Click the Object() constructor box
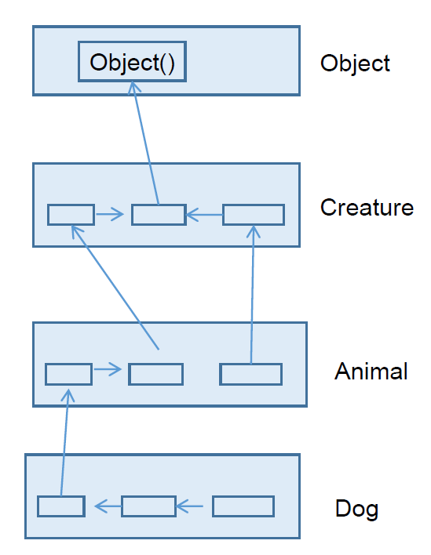pos(132,62)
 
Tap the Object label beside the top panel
pos(355,63)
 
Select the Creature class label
pos(367,207)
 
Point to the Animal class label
pos(371,371)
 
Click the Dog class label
pos(356,509)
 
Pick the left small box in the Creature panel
pos(71,215)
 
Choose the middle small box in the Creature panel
pos(159,215)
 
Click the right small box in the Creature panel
pos(254,215)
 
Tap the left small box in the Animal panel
pos(69,374)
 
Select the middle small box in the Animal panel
pos(156,374)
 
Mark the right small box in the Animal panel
pos(251,374)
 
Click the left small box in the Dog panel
pos(61,506)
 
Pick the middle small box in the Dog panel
pos(149,506)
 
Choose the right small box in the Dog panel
pos(243,506)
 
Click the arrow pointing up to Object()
pos(145,143)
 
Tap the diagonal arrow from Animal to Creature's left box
pos(115,287)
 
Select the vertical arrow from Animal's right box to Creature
pos(252,295)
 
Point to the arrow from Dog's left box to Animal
pos(64,442)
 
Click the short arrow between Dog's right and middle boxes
pos(190,506)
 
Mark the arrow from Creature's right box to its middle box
pos(205,215)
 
